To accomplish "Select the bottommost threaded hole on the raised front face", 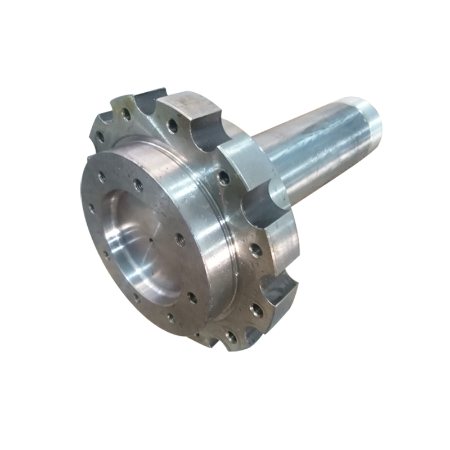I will pos(170,319).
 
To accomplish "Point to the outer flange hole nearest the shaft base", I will pos(223,179).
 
